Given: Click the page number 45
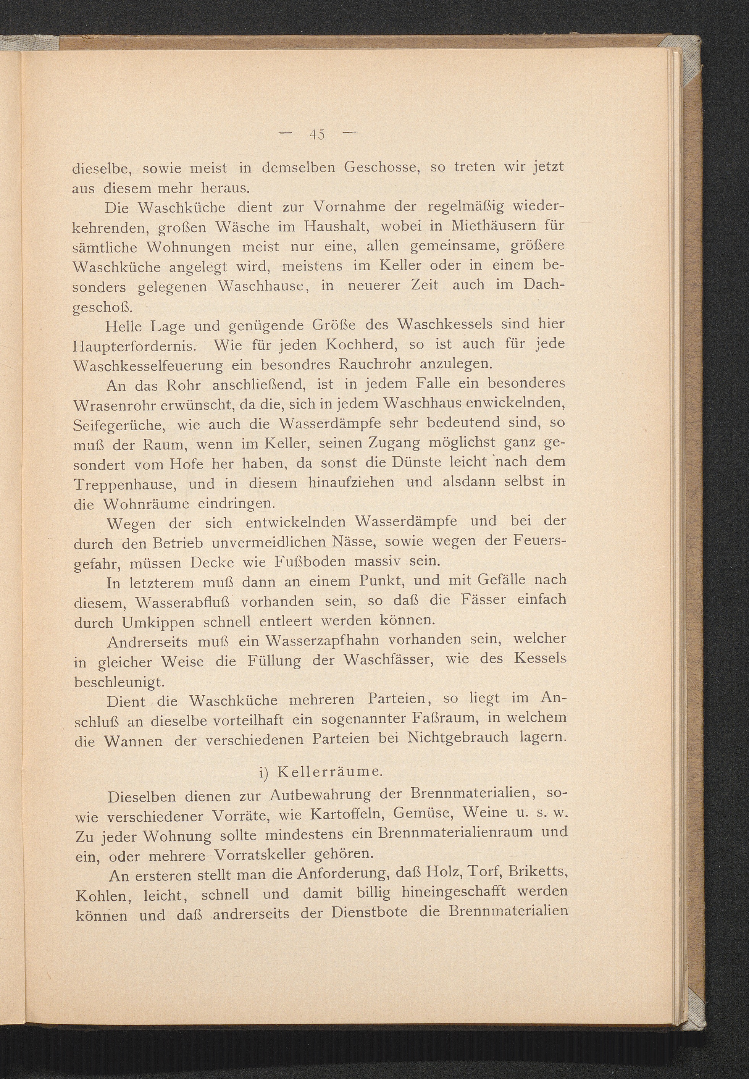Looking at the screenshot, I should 317,135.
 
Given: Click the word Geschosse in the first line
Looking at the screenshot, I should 381,168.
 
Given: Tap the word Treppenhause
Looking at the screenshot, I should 123,484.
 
